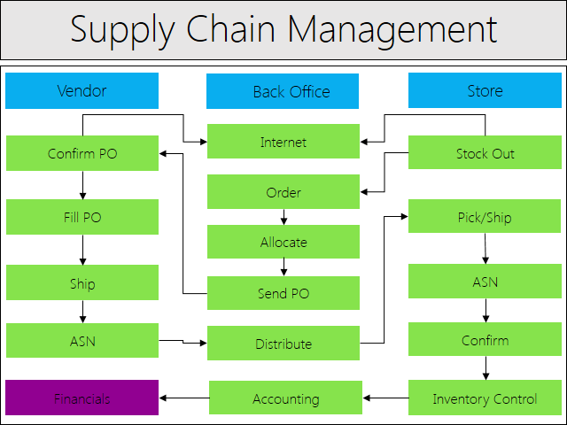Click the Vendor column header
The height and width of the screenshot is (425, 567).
click(x=82, y=90)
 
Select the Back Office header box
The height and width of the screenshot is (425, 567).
click(x=283, y=91)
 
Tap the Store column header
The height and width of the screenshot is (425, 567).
click(x=485, y=90)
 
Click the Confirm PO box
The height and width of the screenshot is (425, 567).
click(x=82, y=153)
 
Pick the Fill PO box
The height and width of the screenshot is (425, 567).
click(x=82, y=217)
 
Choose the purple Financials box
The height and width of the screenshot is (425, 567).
click(x=82, y=398)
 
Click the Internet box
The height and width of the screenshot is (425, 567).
click(x=283, y=142)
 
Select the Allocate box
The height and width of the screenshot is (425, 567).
click(x=283, y=242)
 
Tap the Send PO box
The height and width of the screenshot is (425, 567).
click(x=283, y=293)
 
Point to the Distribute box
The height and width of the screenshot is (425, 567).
click(x=283, y=343)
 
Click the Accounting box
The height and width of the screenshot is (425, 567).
click(x=285, y=398)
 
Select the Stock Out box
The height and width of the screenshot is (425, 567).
click(x=485, y=152)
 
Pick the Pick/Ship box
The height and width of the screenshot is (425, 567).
click(x=485, y=216)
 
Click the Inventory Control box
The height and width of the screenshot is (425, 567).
click(x=485, y=398)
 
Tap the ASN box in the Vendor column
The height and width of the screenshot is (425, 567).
click(x=82, y=340)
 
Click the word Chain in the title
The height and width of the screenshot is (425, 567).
click(x=230, y=29)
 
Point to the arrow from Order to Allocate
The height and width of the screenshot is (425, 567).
click(x=283, y=217)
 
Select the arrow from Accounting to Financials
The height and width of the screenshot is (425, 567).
click(x=184, y=398)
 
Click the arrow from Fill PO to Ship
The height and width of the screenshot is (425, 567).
click(x=82, y=250)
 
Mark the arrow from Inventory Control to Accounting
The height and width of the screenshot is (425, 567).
click(x=385, y=398)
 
